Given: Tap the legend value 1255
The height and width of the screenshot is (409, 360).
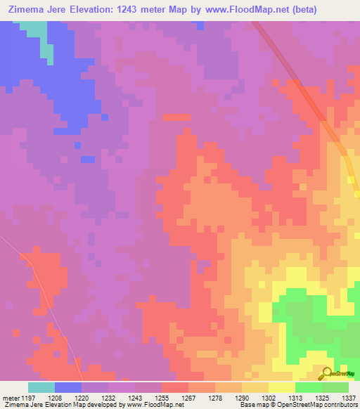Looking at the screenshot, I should click(x=161, y=397).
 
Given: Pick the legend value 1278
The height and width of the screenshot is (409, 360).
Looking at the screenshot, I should click(x=214, y=397).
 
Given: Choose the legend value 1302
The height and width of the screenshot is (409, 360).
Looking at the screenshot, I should click(x=268, y=397).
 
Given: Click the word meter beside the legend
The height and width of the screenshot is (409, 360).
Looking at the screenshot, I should click(x=10, y=397).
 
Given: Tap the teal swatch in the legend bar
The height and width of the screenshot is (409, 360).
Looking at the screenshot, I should click(x=41, y=387).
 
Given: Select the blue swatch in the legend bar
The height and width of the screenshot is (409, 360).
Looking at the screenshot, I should click(x=67, y=387).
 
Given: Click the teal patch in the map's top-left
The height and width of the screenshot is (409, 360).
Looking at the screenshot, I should click(x=34, y=30).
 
